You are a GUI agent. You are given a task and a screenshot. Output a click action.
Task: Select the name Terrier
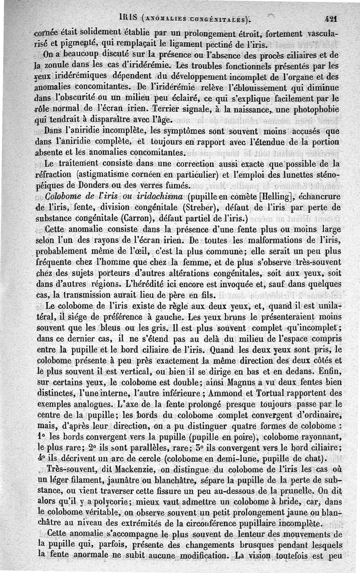point(166,109)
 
